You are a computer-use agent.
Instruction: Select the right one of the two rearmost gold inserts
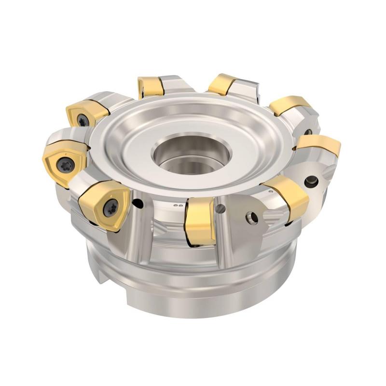click(x=222, y=84)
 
